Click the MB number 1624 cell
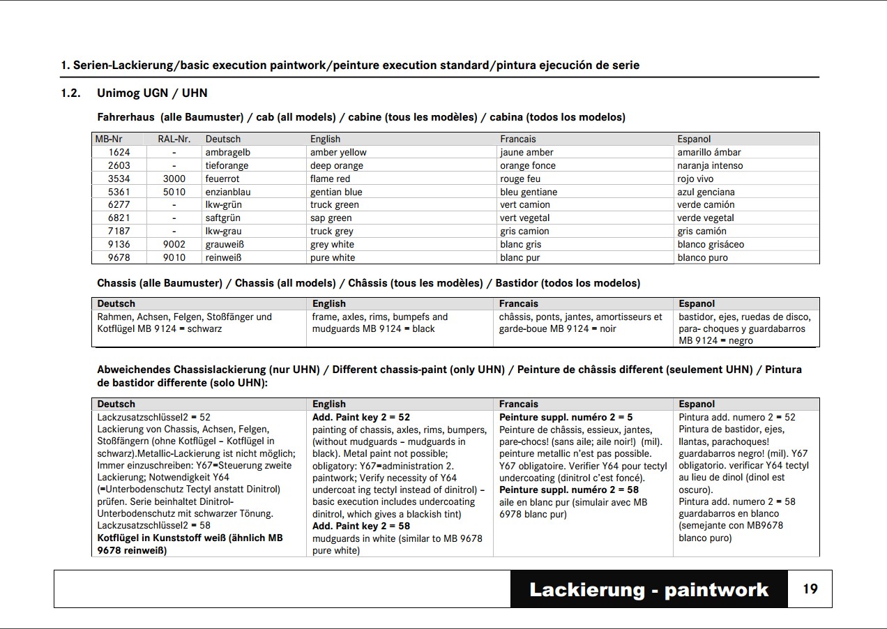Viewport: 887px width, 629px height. [119, 152]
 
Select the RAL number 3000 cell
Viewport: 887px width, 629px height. [174, 179]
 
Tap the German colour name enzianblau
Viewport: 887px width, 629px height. [228, 192]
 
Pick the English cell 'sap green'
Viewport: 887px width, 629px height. [331, 218]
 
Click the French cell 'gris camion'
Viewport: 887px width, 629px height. [524, 231]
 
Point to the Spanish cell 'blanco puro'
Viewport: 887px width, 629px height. [702, 257]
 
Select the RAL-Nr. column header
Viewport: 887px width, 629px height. [174, 139]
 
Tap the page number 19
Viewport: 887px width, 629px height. [810, 589]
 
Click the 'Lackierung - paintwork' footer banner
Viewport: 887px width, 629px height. [649, 590]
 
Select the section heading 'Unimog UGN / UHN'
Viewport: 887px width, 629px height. [152, 93]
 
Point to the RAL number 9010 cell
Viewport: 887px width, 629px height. [174, 257]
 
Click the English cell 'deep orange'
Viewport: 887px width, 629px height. [337, 165]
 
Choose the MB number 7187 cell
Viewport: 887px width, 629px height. [119, 231]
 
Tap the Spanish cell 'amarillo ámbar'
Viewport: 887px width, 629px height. [709, 152]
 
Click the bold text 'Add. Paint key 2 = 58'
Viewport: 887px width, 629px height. [361, 526]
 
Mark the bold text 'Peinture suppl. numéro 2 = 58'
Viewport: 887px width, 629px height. [569, 490]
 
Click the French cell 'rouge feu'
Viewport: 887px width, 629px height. [522, 179]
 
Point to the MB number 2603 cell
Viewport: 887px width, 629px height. [119, 165]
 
